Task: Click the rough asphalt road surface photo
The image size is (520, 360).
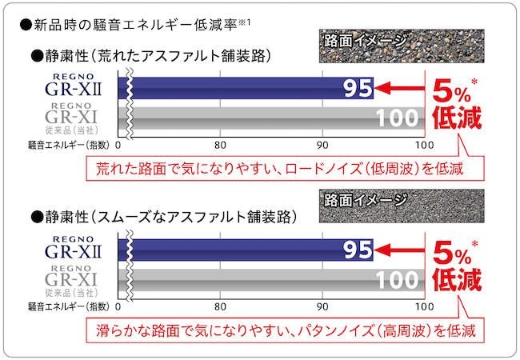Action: [x=376, y=47]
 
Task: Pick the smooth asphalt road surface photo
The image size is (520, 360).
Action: [x=376, y=206]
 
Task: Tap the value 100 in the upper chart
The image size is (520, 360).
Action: [x=398, y=118]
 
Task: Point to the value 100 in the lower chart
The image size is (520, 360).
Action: [x=398, y=279]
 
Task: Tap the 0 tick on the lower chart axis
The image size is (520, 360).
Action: [x=118, y=306]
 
